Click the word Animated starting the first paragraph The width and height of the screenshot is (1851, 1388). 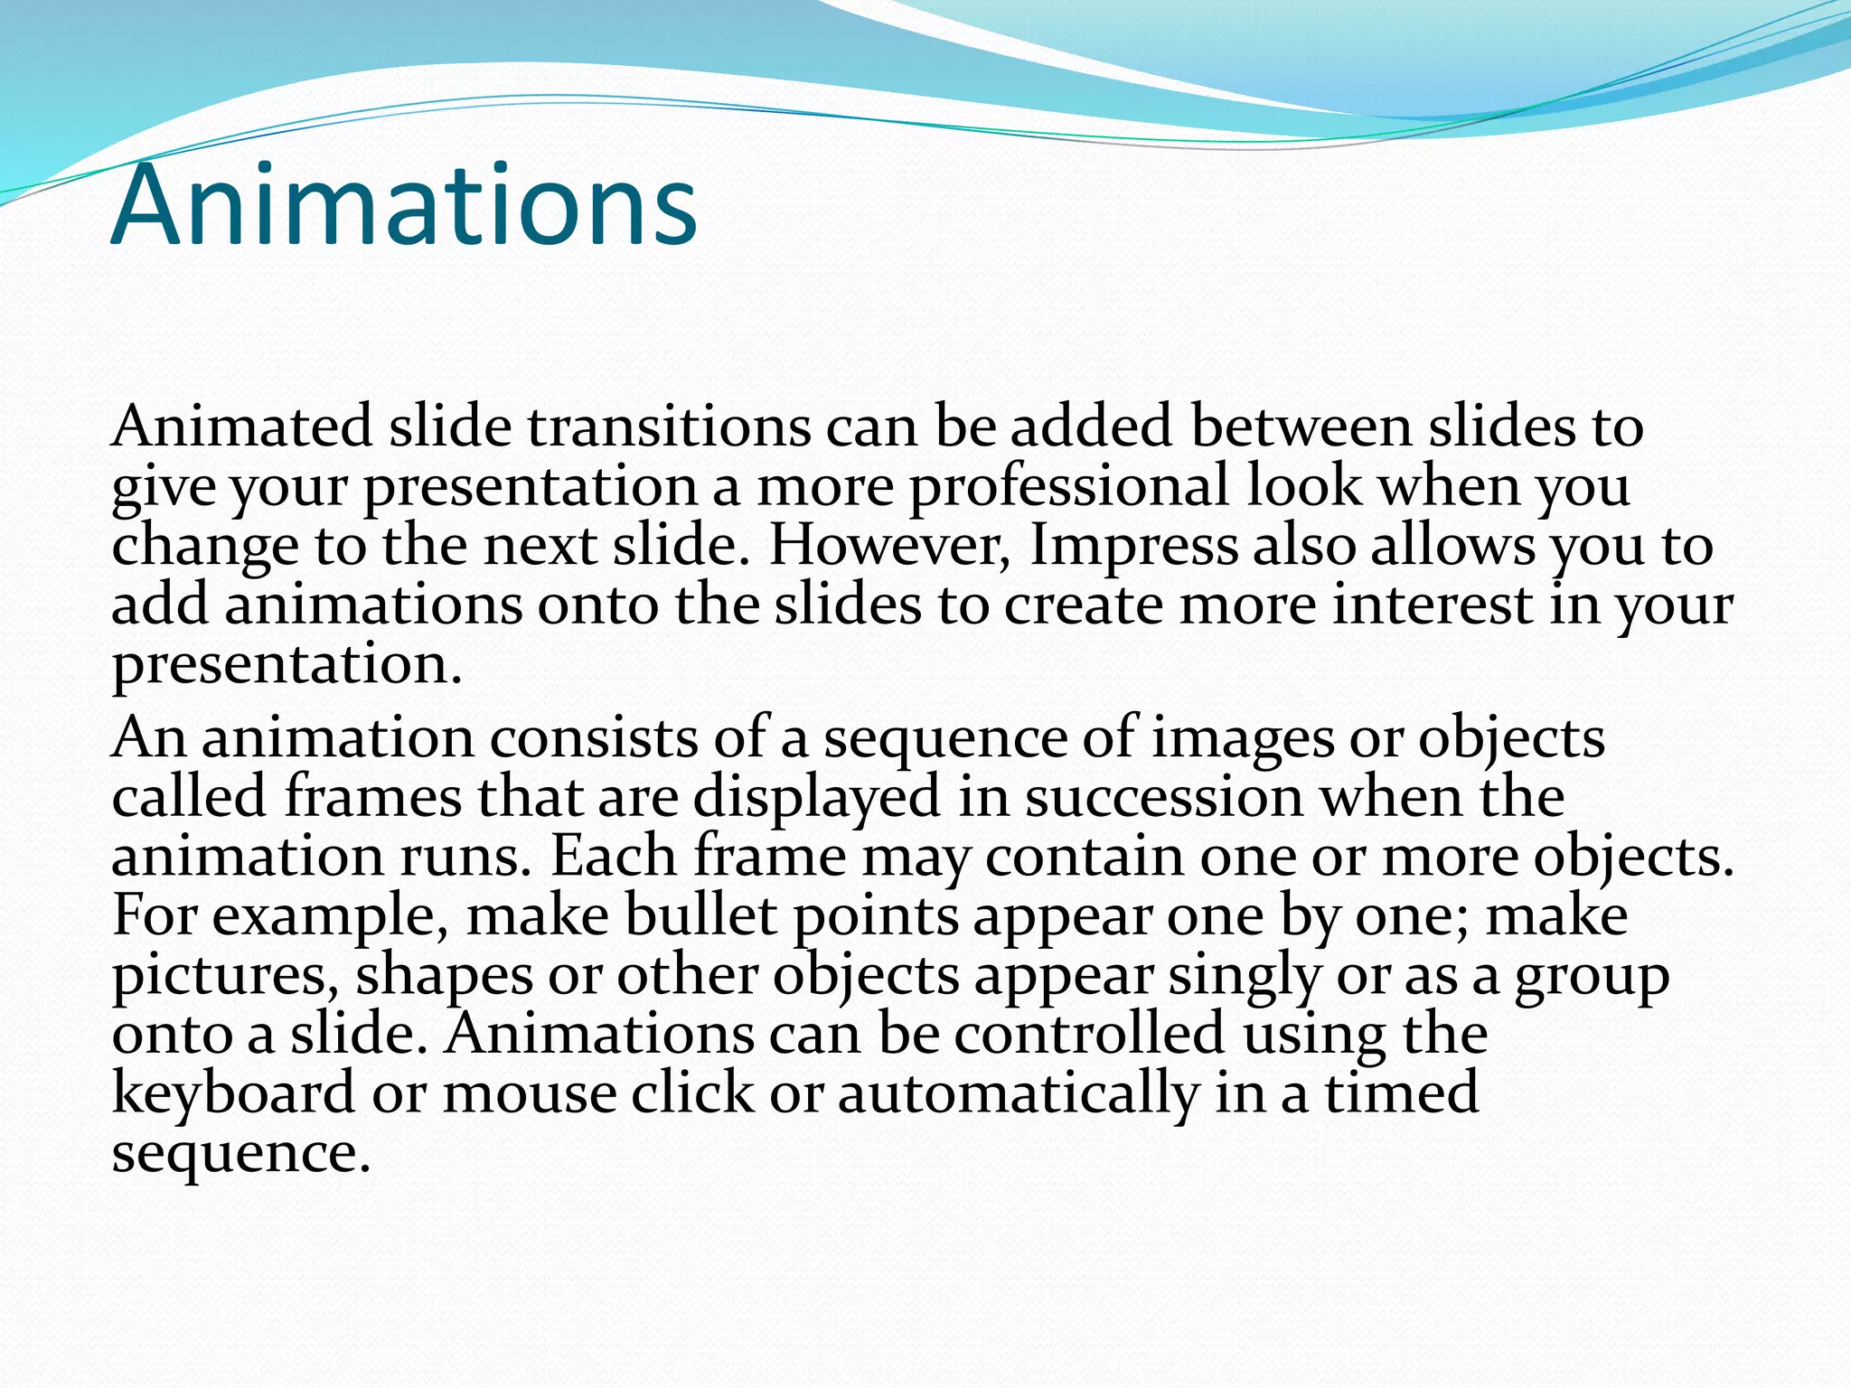pos(241,426)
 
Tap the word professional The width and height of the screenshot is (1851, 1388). pos(1068,485)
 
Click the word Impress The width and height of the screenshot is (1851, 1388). pos(1133,545)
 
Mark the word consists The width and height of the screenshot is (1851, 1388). pos(594,737)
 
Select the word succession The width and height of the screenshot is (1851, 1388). pos(1164,797)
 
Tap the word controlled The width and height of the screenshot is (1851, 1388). pos(1089,1034)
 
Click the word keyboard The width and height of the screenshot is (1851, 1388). pos(233,1093)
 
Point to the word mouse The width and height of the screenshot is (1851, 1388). pos(529,1093)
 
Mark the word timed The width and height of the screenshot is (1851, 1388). pos(1402,1093)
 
